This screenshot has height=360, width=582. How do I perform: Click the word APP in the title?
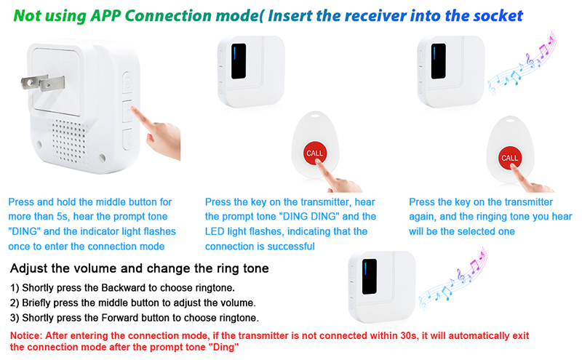(105, 16)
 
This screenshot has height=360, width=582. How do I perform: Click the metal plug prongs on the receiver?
(43, 82)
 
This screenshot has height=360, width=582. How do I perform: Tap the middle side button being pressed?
(127, 111)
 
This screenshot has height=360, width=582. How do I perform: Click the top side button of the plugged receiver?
(127, 82)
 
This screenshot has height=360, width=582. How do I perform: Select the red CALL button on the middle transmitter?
(315, 153)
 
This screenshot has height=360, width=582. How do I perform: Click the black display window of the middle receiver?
(239, 61)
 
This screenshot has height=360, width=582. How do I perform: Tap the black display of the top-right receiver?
(439, 61)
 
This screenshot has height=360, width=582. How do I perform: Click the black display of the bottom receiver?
(370, 276)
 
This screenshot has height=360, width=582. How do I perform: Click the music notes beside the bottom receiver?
(453, 279)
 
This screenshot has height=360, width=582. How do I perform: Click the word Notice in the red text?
(25, 336)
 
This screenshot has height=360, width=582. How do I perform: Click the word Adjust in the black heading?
(27, 268)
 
